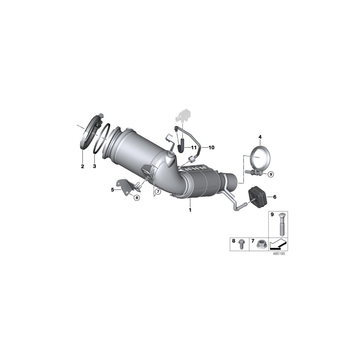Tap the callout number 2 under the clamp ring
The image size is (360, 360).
pos(82,166)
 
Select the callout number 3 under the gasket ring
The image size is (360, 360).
pos(94,166)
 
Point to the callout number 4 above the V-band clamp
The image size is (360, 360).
pos(260,137)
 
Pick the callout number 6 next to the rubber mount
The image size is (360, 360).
pos(274,197)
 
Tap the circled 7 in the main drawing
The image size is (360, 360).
pos(158,192)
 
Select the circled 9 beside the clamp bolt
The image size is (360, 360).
pos(270,174)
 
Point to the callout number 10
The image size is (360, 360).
pos(211,148)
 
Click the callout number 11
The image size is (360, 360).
pos(194,148)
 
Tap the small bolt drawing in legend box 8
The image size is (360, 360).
pos(241,244)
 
